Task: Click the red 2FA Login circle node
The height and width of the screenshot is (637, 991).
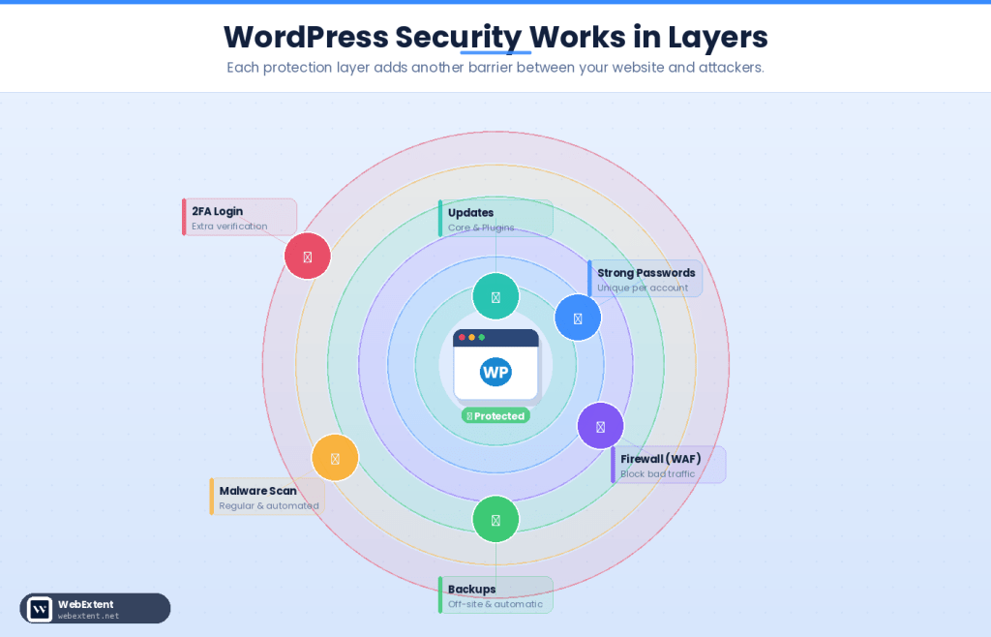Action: [308, 257]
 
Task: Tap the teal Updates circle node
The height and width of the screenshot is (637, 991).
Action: [495, 296]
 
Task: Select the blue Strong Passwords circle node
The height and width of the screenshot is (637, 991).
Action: [578, 318]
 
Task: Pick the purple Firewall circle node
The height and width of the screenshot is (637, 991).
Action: [600, 426]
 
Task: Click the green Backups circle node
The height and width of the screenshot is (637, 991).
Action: [495, 520]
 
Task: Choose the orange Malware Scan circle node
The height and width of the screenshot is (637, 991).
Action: [335, 458]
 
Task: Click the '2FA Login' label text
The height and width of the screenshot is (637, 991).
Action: [217, 211]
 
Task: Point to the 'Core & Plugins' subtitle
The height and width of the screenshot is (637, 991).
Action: [481, 227]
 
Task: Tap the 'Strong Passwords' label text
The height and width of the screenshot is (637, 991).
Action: [646, 273]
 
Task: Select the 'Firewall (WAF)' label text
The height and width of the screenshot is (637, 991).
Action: [660, 459]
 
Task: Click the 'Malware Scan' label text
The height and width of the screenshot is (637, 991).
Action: [257, 491]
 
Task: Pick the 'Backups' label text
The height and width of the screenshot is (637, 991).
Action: [471, 589]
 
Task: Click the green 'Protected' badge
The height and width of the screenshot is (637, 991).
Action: [495, 416]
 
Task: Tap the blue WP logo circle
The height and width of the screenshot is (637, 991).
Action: [495, 372]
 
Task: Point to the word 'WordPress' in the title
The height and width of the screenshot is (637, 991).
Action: [305, 37]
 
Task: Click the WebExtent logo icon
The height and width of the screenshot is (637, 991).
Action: [40, 609]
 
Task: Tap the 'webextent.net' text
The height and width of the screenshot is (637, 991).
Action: [88, 616]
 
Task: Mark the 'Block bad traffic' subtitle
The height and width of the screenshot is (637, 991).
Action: [657, 474]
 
